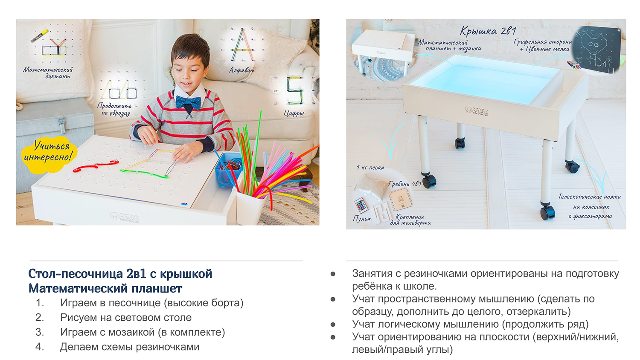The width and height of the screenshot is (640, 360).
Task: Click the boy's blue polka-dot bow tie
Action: click(188, 102)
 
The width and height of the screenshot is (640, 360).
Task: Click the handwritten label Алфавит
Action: click(242, 70)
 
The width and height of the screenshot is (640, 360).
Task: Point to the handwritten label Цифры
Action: click(294, 113)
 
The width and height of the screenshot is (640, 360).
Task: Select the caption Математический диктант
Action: click(48, 73)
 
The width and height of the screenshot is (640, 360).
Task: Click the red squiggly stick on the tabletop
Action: click(96, 166)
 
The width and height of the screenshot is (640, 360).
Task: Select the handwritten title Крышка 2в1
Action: click(488, 31)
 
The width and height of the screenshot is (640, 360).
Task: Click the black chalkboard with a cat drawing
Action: click(597, 50)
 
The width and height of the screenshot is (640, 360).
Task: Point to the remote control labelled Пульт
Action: click(361, 205)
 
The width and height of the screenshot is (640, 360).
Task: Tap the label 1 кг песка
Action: click(370, 168)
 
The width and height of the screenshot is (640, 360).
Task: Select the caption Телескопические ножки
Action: click(589, 197)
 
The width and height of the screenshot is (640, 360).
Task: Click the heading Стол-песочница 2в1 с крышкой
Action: click(120, 274)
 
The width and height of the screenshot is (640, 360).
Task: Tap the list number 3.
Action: click(39, 332)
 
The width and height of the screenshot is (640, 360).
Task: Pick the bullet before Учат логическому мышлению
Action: click(333, 325)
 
